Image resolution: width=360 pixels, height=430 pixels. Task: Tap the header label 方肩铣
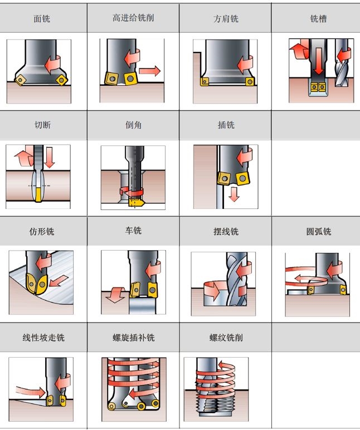pyautogui.click(x=226, y=18)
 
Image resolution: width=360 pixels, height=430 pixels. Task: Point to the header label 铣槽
pyautogui.click(x=318, y=18)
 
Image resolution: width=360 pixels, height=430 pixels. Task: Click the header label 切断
pyautogui.click(x=42, y=125)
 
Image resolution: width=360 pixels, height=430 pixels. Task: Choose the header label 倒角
pyautogui.click(x=133, y=125)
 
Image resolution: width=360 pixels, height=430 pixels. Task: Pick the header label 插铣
pyautogui.click(x=226, y=125)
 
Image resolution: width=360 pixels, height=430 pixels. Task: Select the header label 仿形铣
pyautogui.click(x=42, y=231)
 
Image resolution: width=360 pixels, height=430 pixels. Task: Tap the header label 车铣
pyautogui.click(x=133, y=230)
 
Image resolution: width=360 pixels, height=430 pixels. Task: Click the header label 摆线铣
pyautogui.click(x=226, y=231)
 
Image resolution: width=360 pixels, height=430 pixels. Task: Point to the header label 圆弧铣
pyautogui.click(x=318, y=231)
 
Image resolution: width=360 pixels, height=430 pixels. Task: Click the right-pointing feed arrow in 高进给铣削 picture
pyautogui.click(x=149, y=71)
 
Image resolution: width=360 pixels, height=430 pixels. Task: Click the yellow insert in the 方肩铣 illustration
pyautogui.click(x=205, y=83)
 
